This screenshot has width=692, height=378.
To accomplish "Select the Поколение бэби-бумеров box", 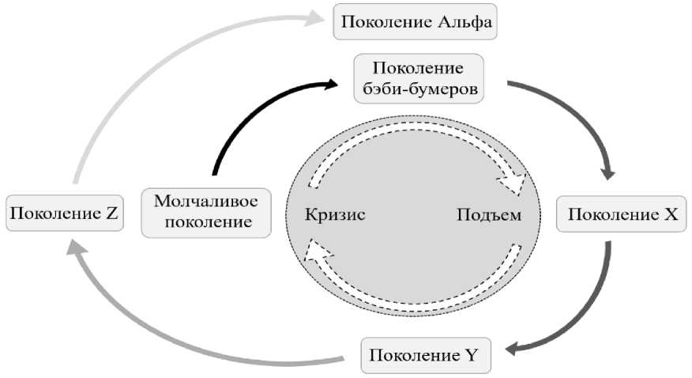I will pyautogui.click(x=418, y=77).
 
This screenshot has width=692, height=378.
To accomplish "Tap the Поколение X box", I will pyautogui.click(x=622, y=214).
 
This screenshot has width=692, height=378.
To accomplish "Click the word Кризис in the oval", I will pyautogui.click(x=336, y=214).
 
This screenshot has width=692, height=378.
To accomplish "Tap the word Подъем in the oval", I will pyautogui.click(x=488, y=214).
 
